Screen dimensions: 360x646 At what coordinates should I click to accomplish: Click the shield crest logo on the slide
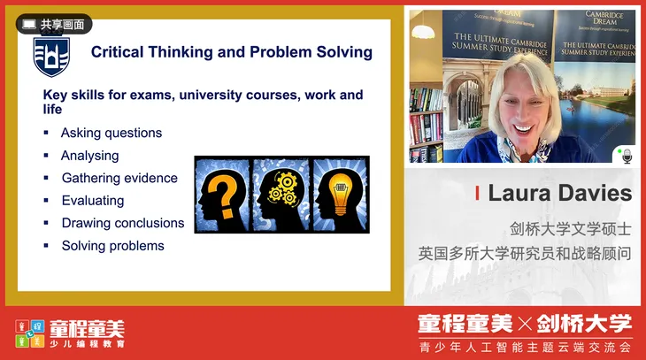coord(50,56)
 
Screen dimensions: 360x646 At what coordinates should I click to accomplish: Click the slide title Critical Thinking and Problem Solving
coord(232,52)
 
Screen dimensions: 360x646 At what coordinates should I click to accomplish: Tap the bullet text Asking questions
coord(112,133)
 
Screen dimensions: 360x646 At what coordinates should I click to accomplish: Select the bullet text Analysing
coord(89,156)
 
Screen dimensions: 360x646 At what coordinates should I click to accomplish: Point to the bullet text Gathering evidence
coord(119,178)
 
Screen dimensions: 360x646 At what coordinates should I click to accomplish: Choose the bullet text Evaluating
coord(93,201)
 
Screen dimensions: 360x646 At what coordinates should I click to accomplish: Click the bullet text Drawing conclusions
coord(123,223)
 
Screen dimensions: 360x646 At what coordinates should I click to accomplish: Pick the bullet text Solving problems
coord(112,245)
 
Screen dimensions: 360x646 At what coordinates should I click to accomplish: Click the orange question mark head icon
coord(222,195)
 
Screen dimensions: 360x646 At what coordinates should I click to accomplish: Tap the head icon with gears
coord(281,195)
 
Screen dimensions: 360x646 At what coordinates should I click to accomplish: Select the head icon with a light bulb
coord(340,195)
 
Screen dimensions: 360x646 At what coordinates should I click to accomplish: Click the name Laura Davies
coord(559,193)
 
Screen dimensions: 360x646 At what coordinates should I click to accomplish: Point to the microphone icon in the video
coord(627,156)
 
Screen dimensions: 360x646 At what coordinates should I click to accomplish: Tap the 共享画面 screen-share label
coord(54,25)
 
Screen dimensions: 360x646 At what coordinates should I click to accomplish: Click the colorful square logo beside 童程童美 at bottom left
coord(29,333)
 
